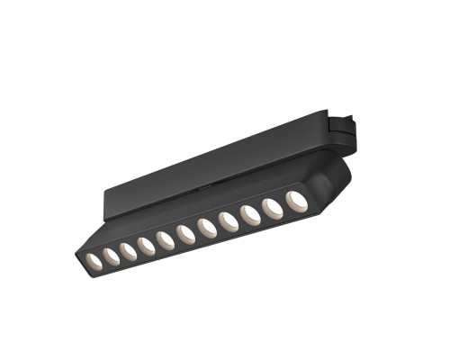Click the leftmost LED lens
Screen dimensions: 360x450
pyautogui.click(x=93, y=260)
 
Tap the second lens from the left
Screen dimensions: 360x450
pyautogui.click(x=111, y=256)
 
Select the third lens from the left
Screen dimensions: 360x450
pyautogui.click(x=129, y=251)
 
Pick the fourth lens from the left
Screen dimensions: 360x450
pyautogui.click(x=147, y=246)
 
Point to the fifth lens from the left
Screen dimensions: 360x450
pyautogui.click(x=166, y=240)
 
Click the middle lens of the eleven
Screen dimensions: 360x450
pyautogui.click(x=186, y=235)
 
